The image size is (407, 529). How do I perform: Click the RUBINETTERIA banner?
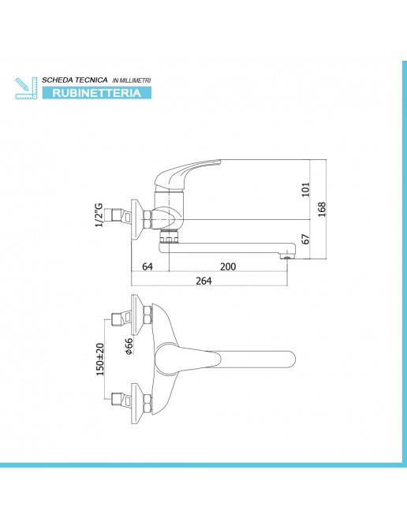(x=96, y=93)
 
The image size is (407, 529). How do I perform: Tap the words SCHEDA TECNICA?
(x=75, y=80)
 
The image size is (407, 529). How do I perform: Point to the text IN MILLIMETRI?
(x=132, y=80)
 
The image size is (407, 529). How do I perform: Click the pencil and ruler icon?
(x=26, y=88)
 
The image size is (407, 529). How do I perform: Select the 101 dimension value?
(x=305, y=189)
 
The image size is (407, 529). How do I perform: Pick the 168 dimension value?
(x=322, y=209)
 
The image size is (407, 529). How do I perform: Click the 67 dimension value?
(x=305, y=239)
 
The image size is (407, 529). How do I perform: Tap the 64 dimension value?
(x=147, y=266)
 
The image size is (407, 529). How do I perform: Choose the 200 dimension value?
(x=228, y=266)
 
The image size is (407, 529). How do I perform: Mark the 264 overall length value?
(x=203, y=281)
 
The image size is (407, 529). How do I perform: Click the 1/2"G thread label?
(x=99, y=215)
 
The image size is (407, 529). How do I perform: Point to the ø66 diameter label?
(x=129, y=346)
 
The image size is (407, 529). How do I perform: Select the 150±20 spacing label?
(x=100, y=359)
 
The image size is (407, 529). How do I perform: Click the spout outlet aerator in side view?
(x=286, y=257)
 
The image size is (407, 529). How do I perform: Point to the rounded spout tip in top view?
(x=290, y=359)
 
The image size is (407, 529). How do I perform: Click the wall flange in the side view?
(x=138, y=220)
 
